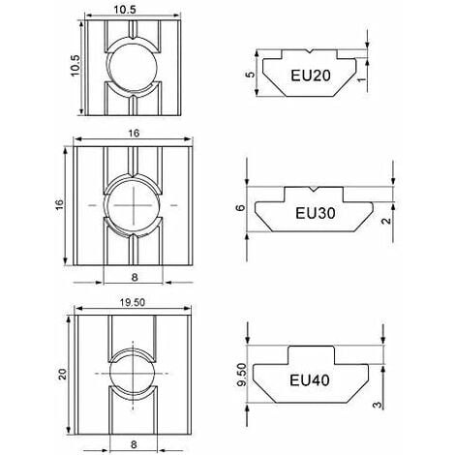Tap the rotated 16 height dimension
tap(61, 206)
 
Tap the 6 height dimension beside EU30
tap(242, 207)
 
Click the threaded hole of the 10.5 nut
tap(128, 67)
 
